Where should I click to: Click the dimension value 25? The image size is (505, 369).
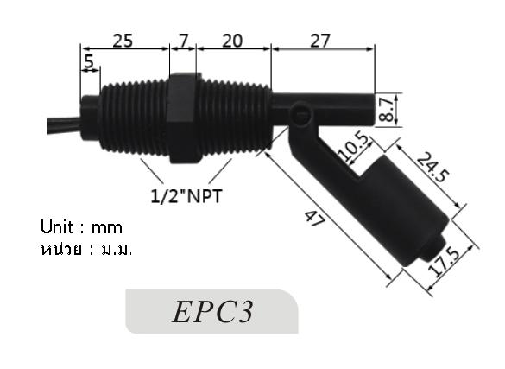coord(123,40)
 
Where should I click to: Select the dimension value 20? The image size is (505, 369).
coord(231,40)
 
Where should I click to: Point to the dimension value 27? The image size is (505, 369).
coord(320,40)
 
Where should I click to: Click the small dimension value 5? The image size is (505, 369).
coord(89,61)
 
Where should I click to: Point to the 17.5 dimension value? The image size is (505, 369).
coord(447,263)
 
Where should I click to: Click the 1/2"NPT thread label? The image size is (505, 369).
coord(186,196)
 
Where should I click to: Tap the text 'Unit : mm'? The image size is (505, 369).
coord(82,228)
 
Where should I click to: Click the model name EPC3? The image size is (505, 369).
coord(211,312)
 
